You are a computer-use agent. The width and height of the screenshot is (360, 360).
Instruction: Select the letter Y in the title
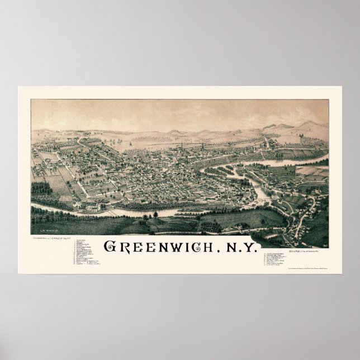pos(252,247)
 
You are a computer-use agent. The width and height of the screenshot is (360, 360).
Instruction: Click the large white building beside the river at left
pos(92,207)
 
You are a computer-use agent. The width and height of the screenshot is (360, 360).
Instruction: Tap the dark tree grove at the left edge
pos(41,188)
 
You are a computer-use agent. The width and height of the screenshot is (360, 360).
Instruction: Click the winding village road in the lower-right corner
pos(305,221)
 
